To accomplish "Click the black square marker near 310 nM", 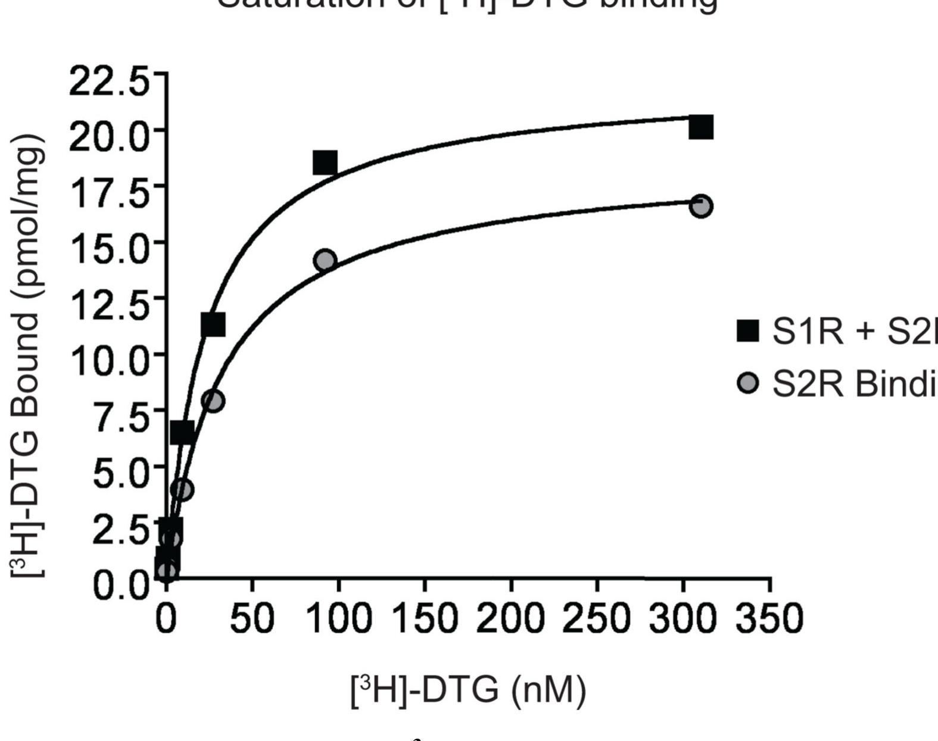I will (701, 127).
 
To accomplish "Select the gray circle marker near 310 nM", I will (702, 206).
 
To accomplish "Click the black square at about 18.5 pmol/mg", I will (325, 162).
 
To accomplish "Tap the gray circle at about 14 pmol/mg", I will (326, 261).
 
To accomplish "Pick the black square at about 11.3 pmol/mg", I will (213, 324).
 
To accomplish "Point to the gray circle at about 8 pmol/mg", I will (213, 401).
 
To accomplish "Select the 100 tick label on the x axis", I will (338, 619).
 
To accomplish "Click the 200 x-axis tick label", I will (511, 619).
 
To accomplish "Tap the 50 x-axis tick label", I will (253, 619).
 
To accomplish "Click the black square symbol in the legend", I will (748, 331).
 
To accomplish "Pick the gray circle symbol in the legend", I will (748, 383).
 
